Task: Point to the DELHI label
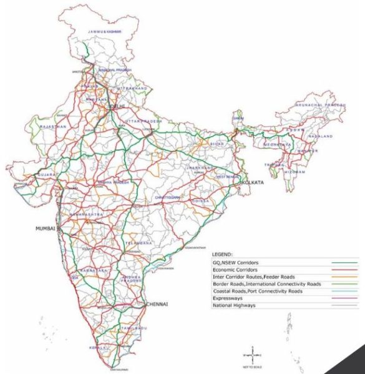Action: click(x=117, y=107)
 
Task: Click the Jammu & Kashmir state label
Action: click(x=104, y=31)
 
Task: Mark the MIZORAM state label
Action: click(x=293, y=170)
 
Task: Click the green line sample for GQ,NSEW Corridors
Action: click(x=339, y=263)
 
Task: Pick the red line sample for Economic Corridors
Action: click(x=339, y=270)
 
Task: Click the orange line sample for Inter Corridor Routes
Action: click(x=339, y=277)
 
